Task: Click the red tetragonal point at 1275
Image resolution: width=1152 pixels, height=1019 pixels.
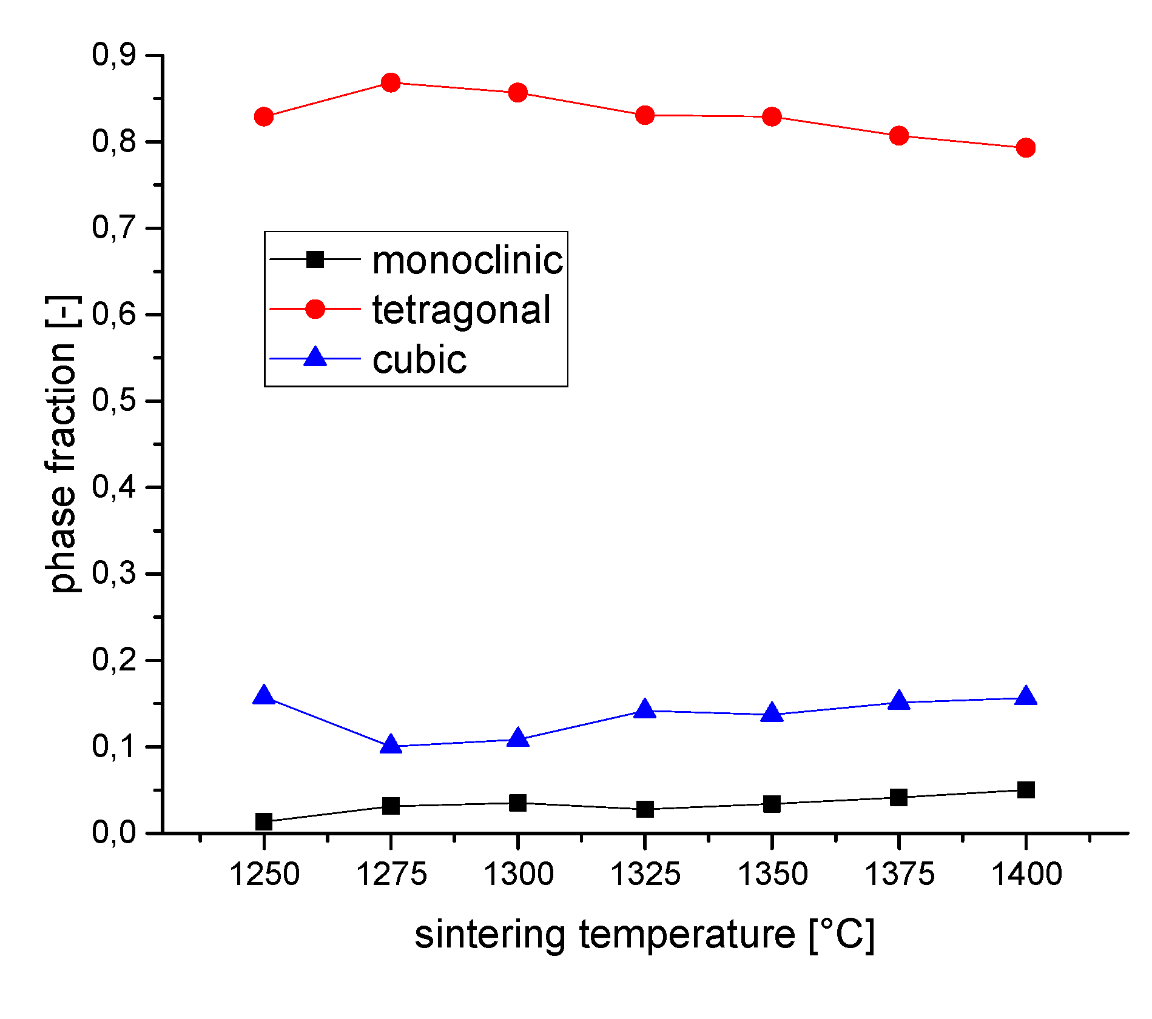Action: [x=391, y=82]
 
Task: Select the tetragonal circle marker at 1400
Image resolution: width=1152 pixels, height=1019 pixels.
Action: [x=1025, y=147]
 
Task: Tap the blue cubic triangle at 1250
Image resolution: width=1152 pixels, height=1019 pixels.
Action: [x=263, y=696]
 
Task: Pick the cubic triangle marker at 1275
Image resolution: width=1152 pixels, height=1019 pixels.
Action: [x=391, y=745]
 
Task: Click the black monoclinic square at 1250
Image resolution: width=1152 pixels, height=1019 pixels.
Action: [x=263, y=822]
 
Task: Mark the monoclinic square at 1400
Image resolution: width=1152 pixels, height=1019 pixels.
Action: [x=1025, y=790]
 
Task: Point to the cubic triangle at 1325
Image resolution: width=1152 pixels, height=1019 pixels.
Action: [x=645, y=709]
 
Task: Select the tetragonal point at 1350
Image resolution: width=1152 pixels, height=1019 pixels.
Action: [x=772, y=116]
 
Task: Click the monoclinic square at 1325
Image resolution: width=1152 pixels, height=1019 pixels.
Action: [x=645, y=809]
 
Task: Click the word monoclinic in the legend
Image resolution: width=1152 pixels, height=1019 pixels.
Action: [x=467, y=261]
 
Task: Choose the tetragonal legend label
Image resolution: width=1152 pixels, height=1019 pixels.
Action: [x=461, y=310]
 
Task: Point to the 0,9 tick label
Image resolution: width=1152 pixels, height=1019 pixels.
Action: [x=113, y=55]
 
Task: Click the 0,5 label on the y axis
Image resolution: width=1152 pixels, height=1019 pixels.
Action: [x=113, y=401]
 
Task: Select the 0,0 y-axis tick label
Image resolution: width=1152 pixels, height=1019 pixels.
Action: [x=113, y=832]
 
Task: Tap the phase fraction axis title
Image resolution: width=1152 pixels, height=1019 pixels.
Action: [x=62, y=444]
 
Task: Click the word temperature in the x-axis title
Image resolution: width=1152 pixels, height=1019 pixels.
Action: [x=687, y=934]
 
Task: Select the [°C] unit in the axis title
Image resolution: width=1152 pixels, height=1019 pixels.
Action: [x=841, y=934]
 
